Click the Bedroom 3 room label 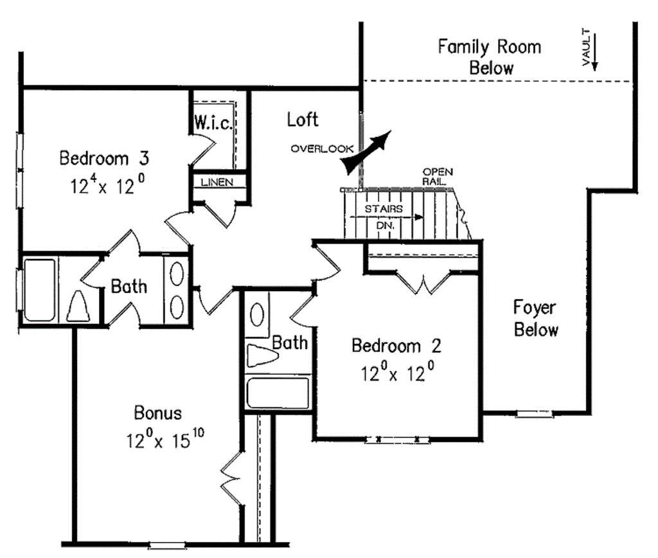click(x=104, y=158)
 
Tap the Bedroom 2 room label click(x=396, y=346)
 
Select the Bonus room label click(x=158, y=413)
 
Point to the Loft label click(x=303, y=120)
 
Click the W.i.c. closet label click(x=213, y=123)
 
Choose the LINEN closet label click(x=217, y=182)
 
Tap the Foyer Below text click(x=536, y=318)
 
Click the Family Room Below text click(x=490, y=57)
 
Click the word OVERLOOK click(x=323, y=148)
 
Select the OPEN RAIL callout click(x=438, y=176)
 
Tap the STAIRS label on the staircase click(x=384, y=209)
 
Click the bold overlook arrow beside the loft click(x=366, y=152)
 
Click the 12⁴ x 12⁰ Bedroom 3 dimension click(x=107, y=184)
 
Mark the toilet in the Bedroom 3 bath click(x=78, y=305)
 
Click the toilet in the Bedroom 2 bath click(x=263, y=355)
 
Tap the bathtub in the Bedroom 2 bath click(x=278, y=393)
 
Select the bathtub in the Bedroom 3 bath click(x=39, y=290)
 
